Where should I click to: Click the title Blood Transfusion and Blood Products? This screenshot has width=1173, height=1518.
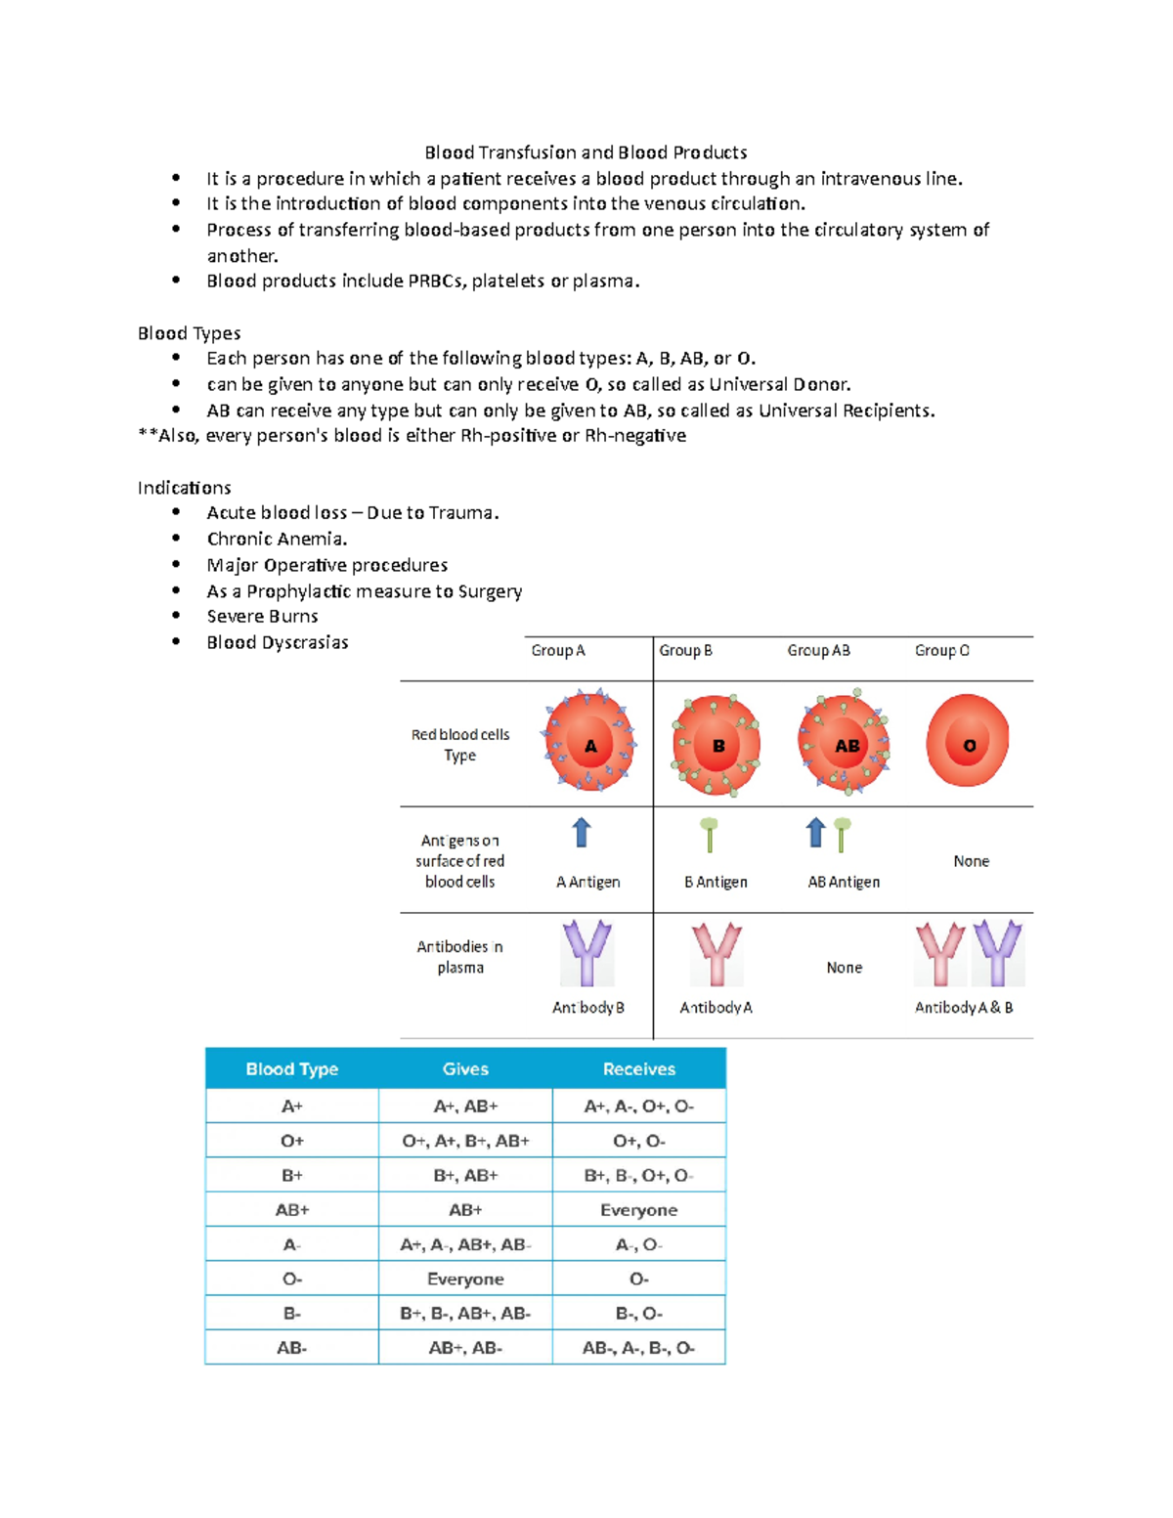point(586,152)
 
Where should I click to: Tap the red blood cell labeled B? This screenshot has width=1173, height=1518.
point(717,745)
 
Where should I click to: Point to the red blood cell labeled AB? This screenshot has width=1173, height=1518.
point(844,744)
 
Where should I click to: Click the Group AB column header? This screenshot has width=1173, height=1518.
point(818,651)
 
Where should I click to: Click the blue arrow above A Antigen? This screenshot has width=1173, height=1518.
point(582,833)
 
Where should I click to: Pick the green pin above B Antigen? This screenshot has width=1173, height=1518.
point(710,834)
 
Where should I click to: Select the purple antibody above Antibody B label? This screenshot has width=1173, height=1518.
point(586,953)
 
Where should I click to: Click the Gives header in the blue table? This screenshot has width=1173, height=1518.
point(465,1069)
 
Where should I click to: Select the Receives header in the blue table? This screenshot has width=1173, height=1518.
point(638,1069)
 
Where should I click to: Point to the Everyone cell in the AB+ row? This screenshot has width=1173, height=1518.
point(638,1210)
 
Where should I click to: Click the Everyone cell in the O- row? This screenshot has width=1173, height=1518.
point(465,1279)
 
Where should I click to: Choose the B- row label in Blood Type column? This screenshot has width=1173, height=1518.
point(291,1314)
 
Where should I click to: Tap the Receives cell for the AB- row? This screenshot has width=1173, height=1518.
point(638,1348)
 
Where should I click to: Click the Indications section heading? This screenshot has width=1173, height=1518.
point(185,488)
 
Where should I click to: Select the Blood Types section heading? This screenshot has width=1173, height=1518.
point(189,333)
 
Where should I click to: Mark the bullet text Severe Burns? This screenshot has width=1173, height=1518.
point(262,617)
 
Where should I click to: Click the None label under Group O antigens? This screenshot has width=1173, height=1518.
point(971,861)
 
